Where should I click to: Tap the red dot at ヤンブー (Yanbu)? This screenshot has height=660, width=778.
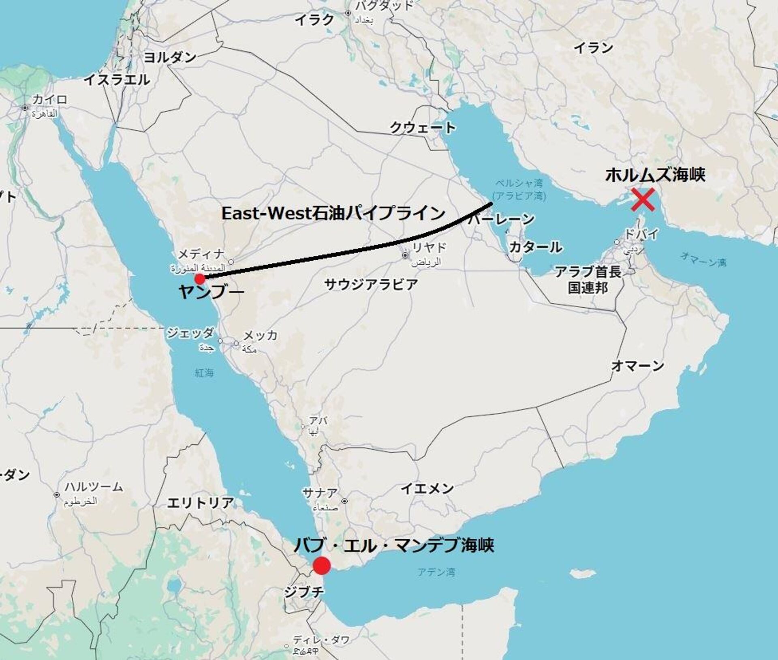(199, 279)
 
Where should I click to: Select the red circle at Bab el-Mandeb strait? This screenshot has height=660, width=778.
(322, 566)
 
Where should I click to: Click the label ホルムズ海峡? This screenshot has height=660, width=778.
(655, 175)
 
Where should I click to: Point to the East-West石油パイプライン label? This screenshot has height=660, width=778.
(333, 213)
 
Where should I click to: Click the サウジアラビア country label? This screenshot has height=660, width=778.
(371, 284)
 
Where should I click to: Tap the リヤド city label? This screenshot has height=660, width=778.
(429, 247)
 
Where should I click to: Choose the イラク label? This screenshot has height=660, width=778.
(314, 19)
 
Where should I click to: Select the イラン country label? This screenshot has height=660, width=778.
(593, 48)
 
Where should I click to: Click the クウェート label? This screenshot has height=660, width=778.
(422, 128)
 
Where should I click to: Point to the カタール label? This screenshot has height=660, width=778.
(535, 247)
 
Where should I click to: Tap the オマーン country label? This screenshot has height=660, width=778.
(637, 366)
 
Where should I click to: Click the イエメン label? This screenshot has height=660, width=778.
(427, 489)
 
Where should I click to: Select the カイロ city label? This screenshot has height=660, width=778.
(49, 99)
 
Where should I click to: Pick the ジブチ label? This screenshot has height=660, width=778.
(304, 592)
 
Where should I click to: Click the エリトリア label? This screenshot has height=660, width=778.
(200, 503)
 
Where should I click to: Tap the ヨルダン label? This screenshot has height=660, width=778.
(170, 57)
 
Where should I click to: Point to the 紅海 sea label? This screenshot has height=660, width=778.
(204, 372)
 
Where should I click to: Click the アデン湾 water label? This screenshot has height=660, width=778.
(436, 572)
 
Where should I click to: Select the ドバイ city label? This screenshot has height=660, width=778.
(641, 234)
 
